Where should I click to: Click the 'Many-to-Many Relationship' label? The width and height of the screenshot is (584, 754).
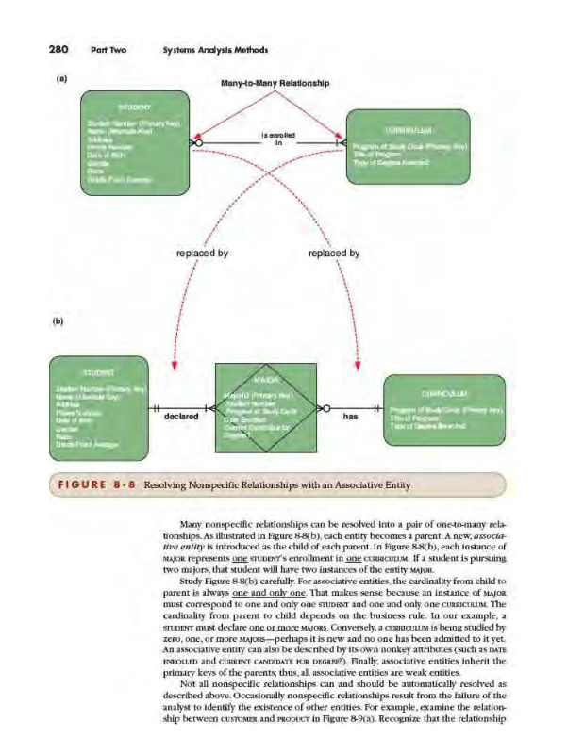275,83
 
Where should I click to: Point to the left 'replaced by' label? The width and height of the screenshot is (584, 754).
202,253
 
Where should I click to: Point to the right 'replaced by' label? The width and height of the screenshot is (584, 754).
334,253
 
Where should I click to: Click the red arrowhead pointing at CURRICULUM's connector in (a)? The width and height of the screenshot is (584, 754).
338,140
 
